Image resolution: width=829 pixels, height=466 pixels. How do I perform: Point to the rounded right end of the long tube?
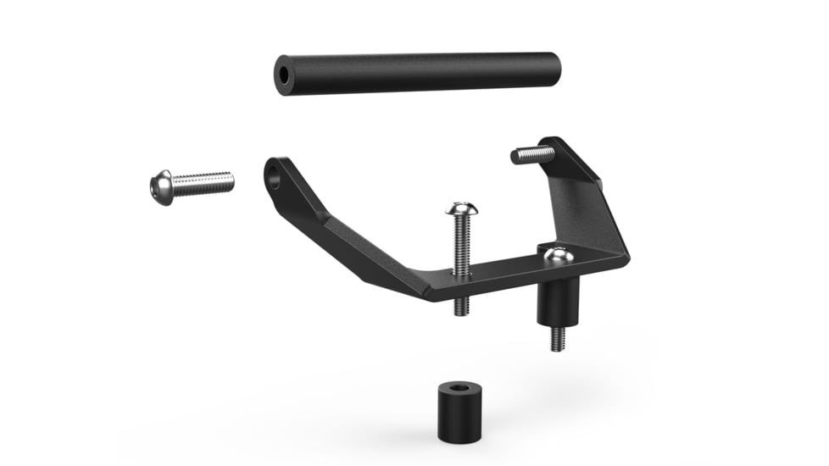click(x=556, y=67)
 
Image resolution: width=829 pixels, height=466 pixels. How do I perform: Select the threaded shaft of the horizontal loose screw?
click(x=202, y=183)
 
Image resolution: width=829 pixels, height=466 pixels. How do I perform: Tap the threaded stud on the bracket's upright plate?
click(x=532, y=155)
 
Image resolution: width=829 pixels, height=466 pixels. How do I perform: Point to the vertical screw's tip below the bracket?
click(x=461, y=306)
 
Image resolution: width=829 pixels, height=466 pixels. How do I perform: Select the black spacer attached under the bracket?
click(x=557, y=301)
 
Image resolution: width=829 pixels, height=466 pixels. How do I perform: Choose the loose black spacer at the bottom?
click(x=459, y=413)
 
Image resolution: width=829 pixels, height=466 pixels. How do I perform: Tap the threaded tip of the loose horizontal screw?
click(x=229, y=180)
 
